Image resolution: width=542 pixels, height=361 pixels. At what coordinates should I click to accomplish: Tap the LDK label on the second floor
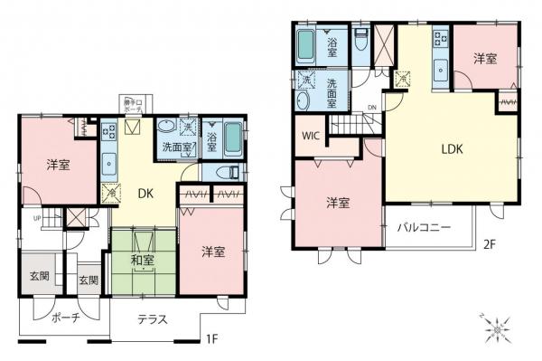pos(452,150)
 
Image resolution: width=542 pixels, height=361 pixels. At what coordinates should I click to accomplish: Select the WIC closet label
pos(312,137)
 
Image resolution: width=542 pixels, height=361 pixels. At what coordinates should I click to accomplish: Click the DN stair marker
pos(372,110)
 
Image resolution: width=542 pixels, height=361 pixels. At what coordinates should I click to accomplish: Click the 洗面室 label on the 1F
pos(175,147)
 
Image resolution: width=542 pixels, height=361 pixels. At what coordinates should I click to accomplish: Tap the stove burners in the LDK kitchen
pos(440,38)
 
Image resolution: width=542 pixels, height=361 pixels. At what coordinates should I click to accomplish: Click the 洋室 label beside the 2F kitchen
pos(486,59)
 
